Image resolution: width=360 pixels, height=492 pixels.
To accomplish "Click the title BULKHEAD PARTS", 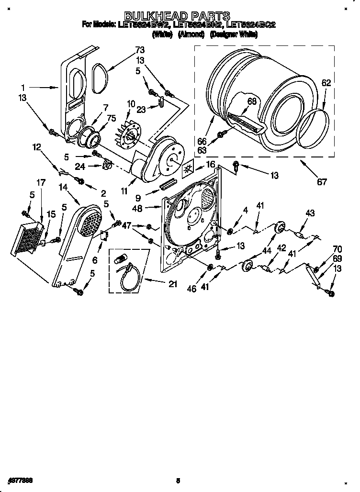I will coord(178,17).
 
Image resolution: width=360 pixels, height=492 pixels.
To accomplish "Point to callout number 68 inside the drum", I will coord(252,101).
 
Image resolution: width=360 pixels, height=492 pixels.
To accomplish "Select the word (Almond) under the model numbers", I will coord(191,34).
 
